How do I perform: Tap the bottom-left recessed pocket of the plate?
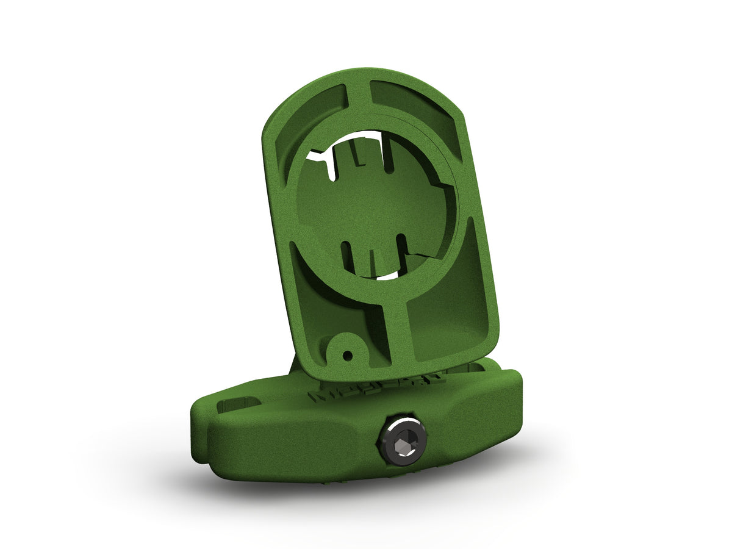(x=311, y=287)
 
